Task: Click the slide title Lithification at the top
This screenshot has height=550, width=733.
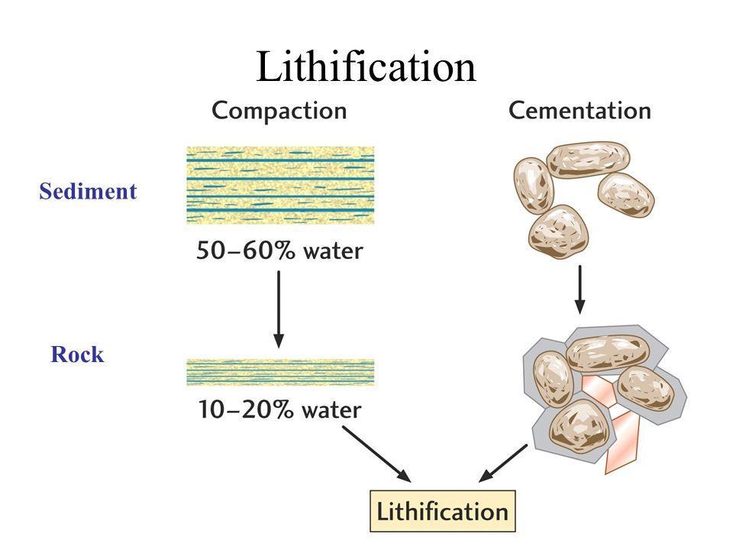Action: point(366,66)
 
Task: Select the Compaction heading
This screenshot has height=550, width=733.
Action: point(279,111)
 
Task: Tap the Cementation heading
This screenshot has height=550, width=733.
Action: point(580,111)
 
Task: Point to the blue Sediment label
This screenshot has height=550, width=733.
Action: point(88,192)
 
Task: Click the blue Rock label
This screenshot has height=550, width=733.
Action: point(77,355)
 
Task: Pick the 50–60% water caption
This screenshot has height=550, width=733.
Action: point(279,251)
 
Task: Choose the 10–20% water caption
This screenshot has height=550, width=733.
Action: point(279,409)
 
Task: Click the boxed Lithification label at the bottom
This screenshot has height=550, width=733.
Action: point(443,511)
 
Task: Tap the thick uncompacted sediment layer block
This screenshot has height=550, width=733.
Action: point(280,185)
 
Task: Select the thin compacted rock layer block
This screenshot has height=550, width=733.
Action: point(280,372)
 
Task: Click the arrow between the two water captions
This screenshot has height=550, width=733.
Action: point(279,309)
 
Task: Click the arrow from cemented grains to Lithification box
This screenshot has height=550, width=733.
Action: point(503,463)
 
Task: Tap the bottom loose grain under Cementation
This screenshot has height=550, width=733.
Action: point(557,233)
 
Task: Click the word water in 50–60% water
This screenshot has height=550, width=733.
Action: point(328,251)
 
